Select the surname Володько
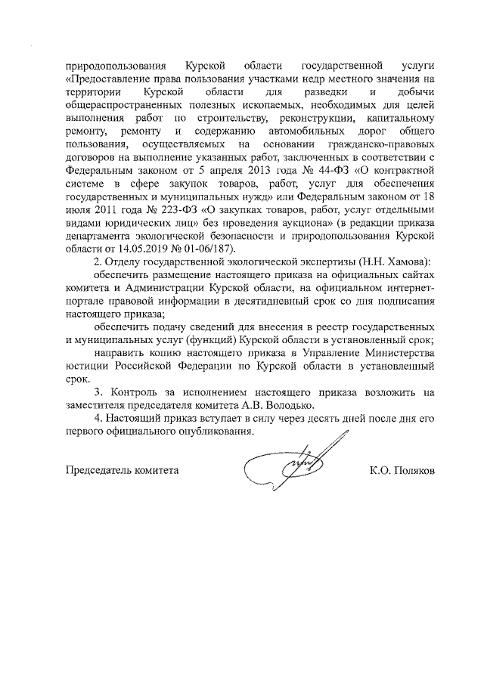coord(291,406)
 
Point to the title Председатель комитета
coord(122,470)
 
